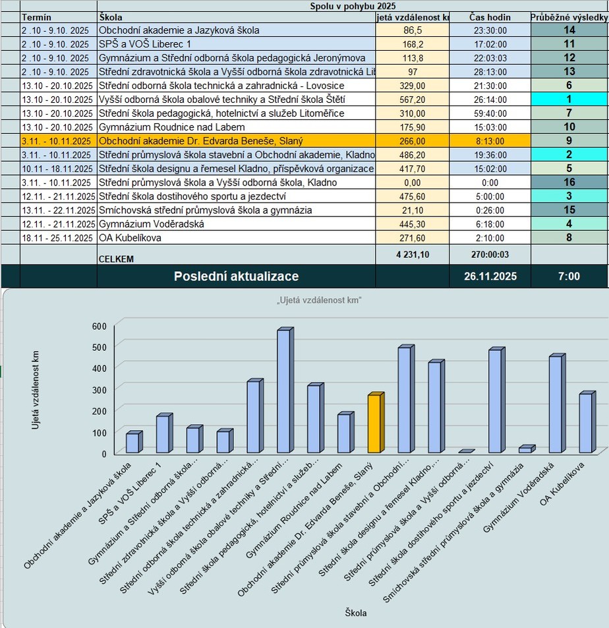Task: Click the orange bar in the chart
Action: (374, 424)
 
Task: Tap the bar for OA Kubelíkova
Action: (585, 423)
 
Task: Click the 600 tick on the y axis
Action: (99, 326)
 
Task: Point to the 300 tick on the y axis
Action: (99, 389)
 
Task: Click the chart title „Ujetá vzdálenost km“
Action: (320, 301)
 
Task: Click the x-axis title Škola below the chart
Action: (356, 613)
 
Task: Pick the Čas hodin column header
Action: (489, 17)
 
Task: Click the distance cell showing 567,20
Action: (412, 100)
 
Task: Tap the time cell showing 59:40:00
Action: (489, 113)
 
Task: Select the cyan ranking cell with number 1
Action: (569, 100)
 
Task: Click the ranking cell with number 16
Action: (569, 183)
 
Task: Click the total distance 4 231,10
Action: (412, 255)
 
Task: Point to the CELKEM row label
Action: (116, 259)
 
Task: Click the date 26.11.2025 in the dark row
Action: (489, 276)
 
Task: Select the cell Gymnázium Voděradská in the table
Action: (151, 224)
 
